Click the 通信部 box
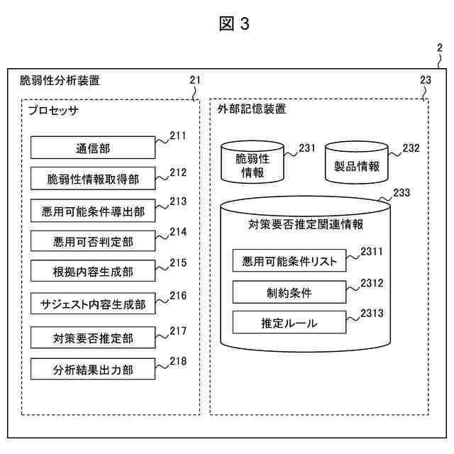(x=93, y=148)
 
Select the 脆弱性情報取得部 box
(x=93, y=179)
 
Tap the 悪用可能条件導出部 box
(x=93, y=211)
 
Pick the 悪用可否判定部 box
(x=93, y=241)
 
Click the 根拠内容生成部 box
(x=93, y=271)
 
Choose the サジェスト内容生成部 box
(x=93, y=304)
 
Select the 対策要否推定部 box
(x=93, y=338)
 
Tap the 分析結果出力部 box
(x=93, y=369)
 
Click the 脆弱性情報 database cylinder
(x=253, y=162)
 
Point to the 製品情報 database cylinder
(x=356, y=162)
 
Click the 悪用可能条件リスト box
(x=289, y=260)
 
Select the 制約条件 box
(x=289, y=292)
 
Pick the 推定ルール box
(x=289, y=322)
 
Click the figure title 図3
(x=234, y=23)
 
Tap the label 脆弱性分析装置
(x=60, y=80)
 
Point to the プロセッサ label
(x=53, y=111)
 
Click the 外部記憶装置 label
(x=252, y=109)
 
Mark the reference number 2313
(x=372, y=313)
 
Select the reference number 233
(x=402, y=192)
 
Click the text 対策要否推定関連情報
(x=306, y=224)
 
